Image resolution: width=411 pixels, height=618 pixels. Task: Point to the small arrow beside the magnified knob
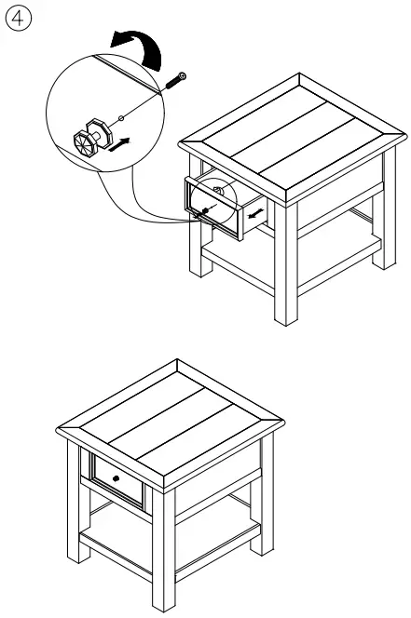click(x=117, y=144)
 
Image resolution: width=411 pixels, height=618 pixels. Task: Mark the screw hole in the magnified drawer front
click(x=121, y=117)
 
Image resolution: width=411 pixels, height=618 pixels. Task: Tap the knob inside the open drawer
click(x=216, y=193)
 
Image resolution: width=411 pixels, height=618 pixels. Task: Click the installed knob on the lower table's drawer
click(x=116, y=477)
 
